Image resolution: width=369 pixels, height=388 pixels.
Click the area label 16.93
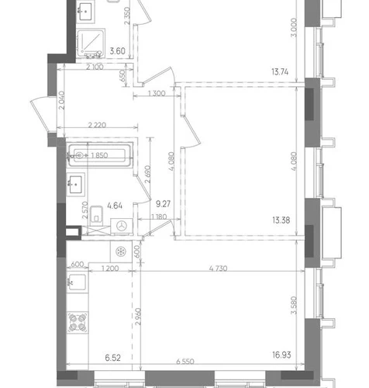tap(281, 355)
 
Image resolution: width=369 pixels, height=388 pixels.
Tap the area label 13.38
tap(281, 220)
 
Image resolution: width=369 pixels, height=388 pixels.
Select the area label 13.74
tap(280, 71)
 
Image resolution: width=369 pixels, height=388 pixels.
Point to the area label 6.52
tap(113, 358)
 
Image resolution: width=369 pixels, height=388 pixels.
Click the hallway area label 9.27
tap(163, 204)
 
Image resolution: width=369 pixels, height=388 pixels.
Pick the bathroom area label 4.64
tap(115, 206)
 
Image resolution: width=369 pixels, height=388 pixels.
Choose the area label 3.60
tap(118, 51)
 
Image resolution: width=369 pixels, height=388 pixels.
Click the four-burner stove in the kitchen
tap(78, 323)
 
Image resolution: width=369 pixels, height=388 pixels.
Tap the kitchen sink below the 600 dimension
tap(78, 282)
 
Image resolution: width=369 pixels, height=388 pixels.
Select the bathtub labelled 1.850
tap(100, 155)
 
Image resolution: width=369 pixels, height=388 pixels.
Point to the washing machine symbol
tap(122, 227)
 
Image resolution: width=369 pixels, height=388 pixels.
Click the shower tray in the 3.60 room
tap(91, 43)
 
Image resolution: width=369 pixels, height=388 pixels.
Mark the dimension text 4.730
tap(219, 268)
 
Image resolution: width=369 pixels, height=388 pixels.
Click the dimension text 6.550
tap(185, 362)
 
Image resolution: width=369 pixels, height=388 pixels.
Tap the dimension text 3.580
tap(294, 305)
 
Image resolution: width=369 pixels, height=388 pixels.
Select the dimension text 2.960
tap(138, 317)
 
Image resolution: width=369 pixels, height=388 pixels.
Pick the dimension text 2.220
tap(97, 125)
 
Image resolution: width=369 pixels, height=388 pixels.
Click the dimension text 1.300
tap(157, 93)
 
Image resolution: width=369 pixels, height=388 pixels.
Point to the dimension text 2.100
tap(95, 68)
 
